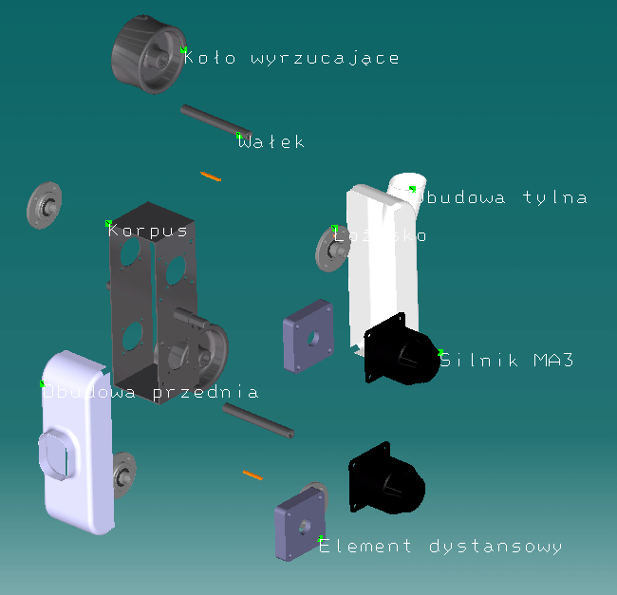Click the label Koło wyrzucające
point(292,58)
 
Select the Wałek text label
point(272,142)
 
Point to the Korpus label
point(148,231)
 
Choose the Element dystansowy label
point(440,547)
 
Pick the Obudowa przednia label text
point(152,391)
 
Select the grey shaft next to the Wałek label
point(215,120)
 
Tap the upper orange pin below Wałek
point(212,176)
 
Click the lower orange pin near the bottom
point(252,473)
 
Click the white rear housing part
point(380,266)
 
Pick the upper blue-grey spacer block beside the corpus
point(308,336)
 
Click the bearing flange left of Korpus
point(44,205)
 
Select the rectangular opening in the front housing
point(56,456)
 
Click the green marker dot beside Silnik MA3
point(440,352)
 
